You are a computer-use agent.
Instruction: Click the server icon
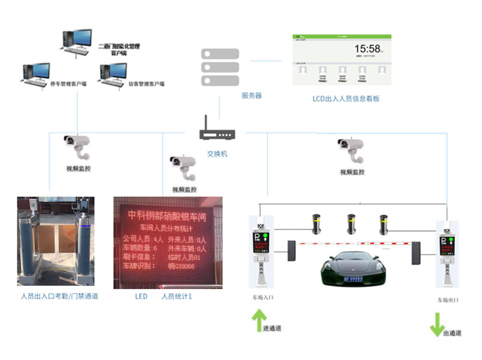220,66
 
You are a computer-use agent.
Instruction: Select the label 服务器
251,96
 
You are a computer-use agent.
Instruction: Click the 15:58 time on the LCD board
367,49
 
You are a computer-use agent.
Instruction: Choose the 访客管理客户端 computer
113,73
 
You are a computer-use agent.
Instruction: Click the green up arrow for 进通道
259,318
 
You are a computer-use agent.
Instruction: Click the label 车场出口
448,299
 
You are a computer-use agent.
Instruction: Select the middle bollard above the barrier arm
350,223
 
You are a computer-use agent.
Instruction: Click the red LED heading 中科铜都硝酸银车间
167,215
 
